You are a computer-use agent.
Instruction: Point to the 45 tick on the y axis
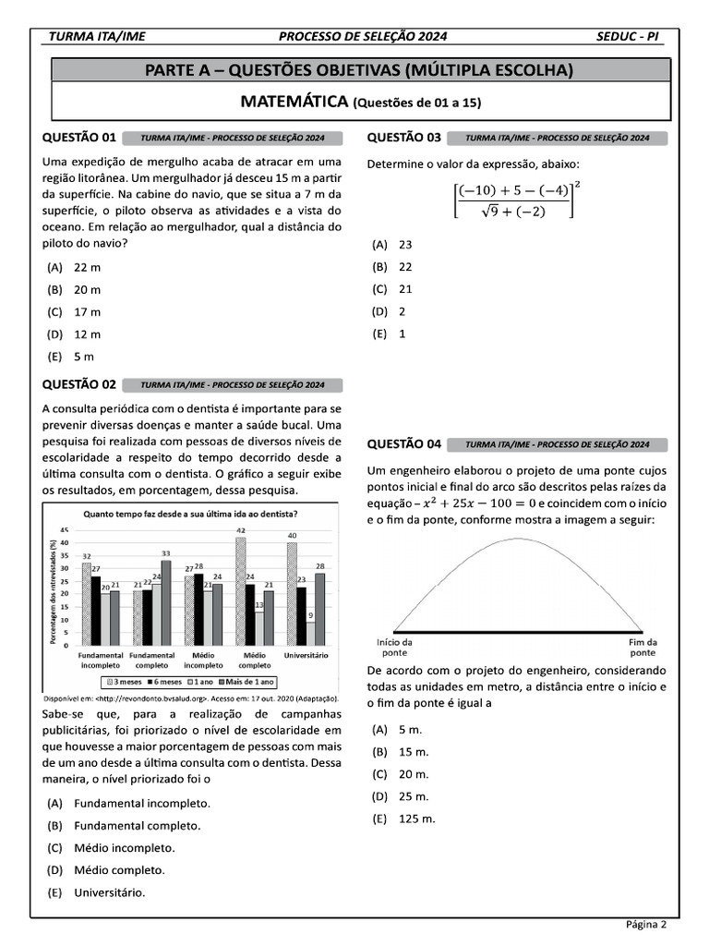[x=65, y=529]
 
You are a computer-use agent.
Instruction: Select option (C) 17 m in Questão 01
[x=87, y=312]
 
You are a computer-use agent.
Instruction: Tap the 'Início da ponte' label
[x=394, y=647]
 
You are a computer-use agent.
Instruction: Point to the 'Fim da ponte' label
[x=643, y=647]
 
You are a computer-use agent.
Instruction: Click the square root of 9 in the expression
[x=482, y=211]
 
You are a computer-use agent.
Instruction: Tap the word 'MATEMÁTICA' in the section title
[x=294, y=101]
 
